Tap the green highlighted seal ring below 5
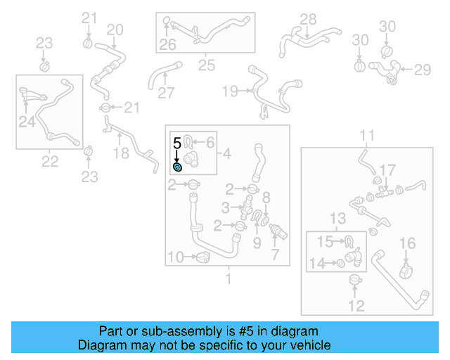(x=178, y=167)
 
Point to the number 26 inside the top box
(x=167, y=45)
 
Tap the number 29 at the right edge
(x=422, y=69)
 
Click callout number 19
(x=230, y=91)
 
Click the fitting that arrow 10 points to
(x=202, y=257)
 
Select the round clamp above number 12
(x=356, y=282)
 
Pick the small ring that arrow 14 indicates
(x=340, y=264)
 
